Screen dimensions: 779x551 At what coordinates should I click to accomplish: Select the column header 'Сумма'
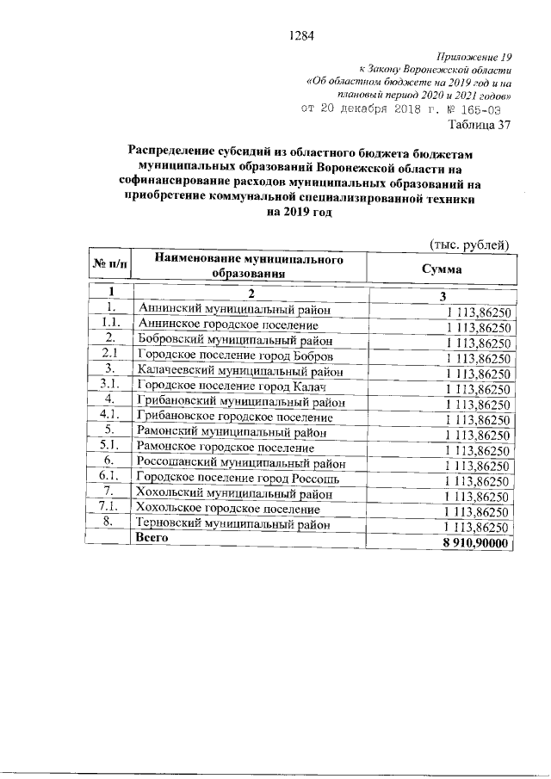click(442, 269)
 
